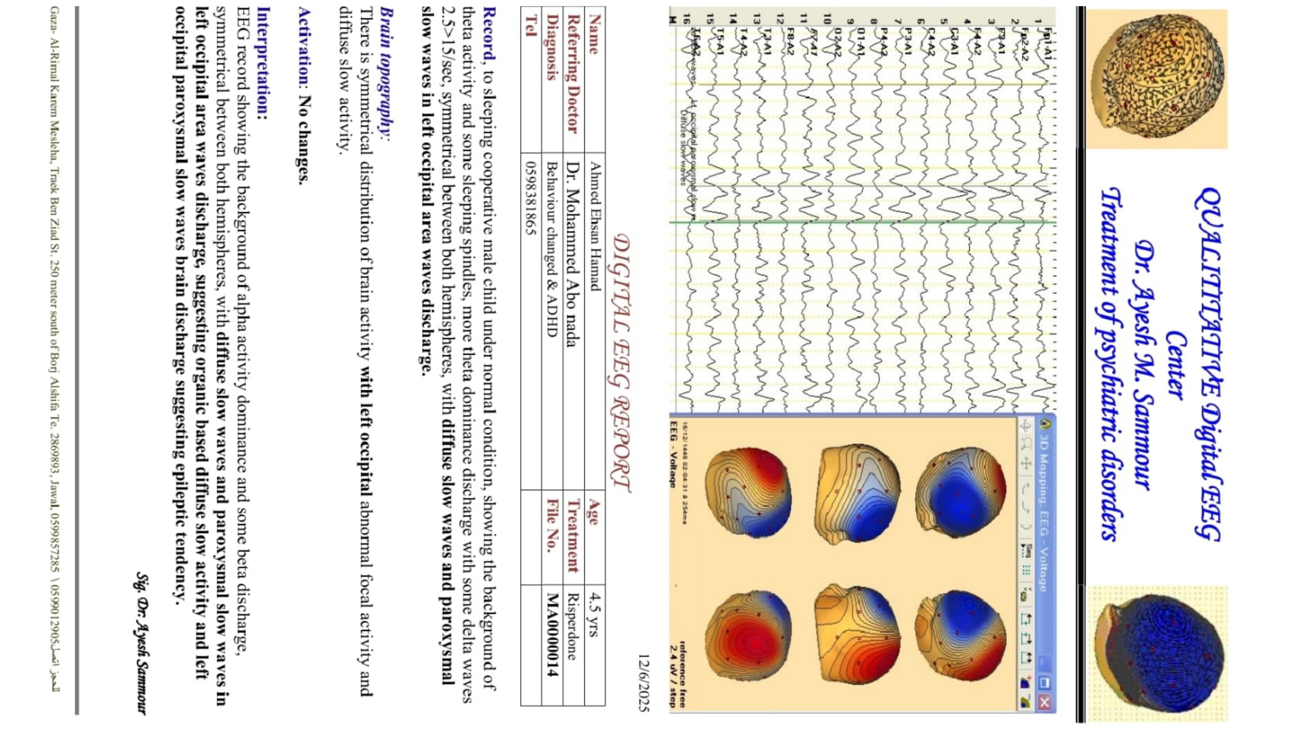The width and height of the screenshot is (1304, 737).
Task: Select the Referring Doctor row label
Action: point(573,73)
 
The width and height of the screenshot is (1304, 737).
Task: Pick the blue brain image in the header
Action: point(1159,653)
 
